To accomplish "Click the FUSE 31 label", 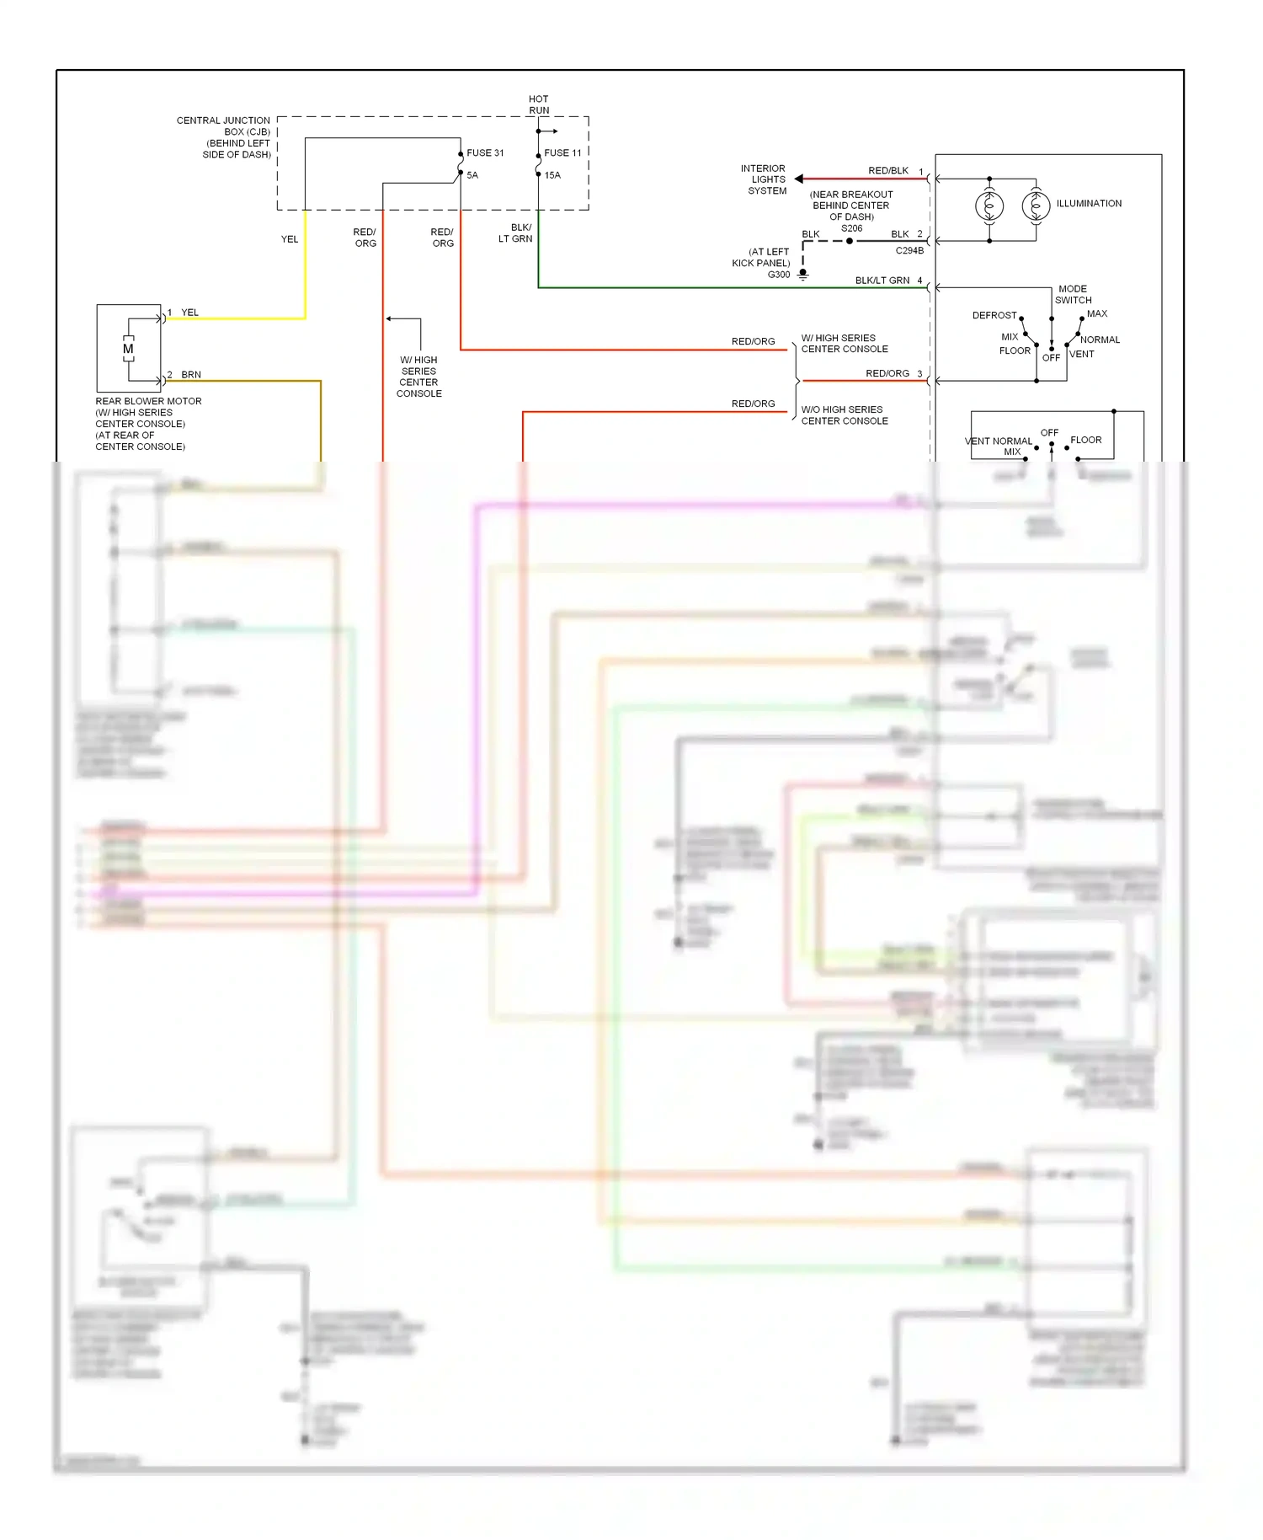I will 485,153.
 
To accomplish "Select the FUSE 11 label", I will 562,153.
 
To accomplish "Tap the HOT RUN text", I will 539,104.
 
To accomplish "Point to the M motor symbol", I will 128,349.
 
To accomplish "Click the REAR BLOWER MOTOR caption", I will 148,402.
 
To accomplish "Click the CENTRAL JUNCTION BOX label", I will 223,137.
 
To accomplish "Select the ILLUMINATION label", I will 1089,204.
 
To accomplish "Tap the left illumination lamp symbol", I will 989,206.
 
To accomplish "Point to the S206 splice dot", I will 850,241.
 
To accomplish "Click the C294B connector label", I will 909,251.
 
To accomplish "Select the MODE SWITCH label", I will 1073,295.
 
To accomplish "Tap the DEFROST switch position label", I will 994,316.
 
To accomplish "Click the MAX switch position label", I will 1096,314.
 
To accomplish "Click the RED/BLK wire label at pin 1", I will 887,171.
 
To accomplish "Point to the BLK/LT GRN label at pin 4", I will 882,281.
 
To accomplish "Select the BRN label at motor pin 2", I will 191,375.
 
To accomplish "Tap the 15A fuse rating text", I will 552,176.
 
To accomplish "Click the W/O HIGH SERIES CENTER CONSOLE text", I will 844,415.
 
